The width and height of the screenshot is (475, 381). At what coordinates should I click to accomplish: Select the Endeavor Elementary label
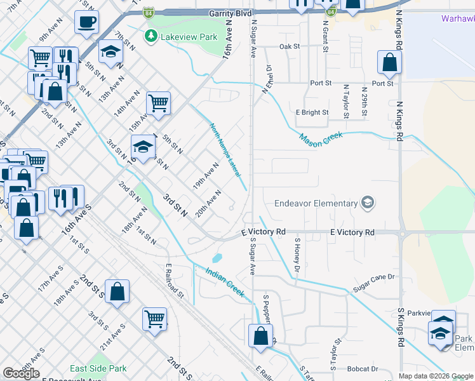tap(316, 203)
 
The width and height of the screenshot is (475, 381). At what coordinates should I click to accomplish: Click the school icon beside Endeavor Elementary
tap(366, 203)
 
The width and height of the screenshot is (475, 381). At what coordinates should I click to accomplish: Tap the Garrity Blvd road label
tap(231, 13)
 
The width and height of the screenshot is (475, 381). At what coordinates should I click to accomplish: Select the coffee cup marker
tap(86, 22)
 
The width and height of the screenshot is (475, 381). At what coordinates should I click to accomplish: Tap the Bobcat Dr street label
tap(363, 368)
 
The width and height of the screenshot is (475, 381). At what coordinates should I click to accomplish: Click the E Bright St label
tap(312, 112)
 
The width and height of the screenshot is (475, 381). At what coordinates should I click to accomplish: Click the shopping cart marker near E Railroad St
tap(154, 318)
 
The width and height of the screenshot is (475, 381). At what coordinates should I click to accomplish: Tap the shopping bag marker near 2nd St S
tap(117, 291)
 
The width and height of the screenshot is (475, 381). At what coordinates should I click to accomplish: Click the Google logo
tap(21, 373)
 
